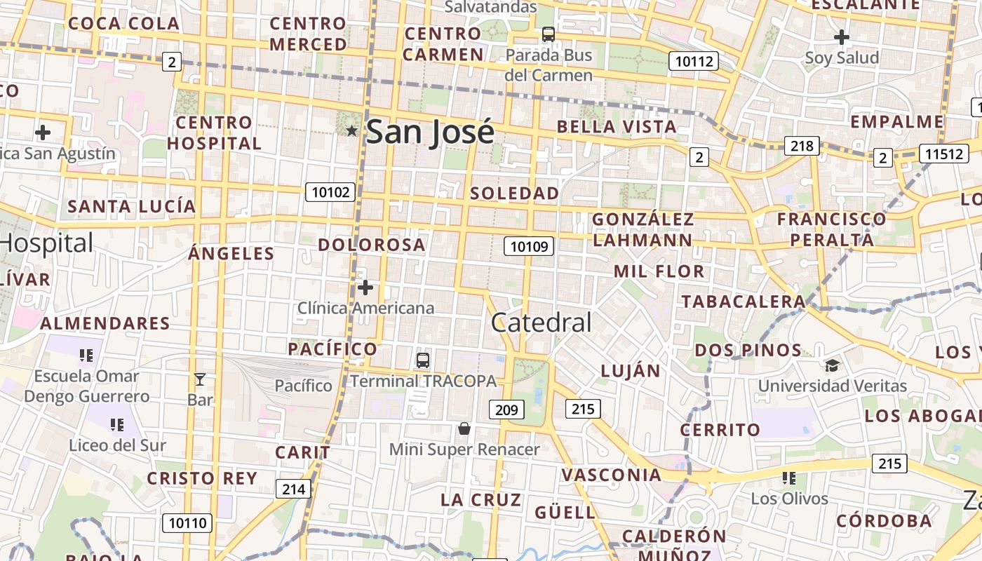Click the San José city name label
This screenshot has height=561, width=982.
click(430, 131)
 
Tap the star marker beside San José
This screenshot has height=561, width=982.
click(352, 130)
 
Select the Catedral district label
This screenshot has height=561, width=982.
click(541, 323)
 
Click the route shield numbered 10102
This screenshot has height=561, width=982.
click(330, 191)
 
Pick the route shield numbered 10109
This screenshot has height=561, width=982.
click(530, 246)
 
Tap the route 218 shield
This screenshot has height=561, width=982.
click(801, 146)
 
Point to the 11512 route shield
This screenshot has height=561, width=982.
click(944, 154)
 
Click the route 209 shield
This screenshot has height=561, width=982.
click(506, 410)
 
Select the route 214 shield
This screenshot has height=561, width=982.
click(293, 489)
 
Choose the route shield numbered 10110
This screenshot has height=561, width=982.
click(188, 522)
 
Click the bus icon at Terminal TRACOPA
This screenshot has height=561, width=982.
click(422, 360)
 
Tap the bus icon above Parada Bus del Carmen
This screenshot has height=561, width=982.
click(549, 34)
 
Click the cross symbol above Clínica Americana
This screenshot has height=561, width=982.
click(365, 288)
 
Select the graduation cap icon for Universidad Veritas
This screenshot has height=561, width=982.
click(832, 365)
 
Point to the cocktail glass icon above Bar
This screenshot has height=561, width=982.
click(200, 379)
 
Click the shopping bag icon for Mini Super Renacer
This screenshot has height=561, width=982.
click(464, 428)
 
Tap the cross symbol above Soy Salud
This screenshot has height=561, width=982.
click(842, 37)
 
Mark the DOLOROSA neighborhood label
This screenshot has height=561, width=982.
click(372, 245)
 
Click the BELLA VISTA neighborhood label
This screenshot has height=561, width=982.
click(617, 127)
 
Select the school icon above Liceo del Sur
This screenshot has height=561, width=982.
click(117, 424)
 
